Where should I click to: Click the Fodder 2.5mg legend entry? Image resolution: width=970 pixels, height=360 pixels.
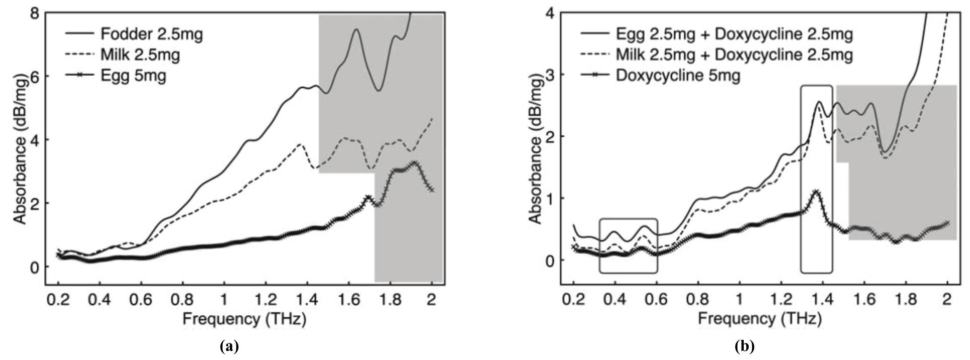[151, 34]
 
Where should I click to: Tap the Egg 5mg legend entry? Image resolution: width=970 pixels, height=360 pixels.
[133, 76]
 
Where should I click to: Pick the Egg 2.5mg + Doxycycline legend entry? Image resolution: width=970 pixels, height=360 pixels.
[734, 34]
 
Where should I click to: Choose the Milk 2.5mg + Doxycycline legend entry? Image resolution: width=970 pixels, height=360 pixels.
[734, 54]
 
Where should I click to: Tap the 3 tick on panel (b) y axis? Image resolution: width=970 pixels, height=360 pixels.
[552, 74]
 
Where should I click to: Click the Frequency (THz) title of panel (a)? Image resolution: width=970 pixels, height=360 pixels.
[244, 319]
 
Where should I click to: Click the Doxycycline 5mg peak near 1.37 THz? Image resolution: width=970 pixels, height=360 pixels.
[816, 192]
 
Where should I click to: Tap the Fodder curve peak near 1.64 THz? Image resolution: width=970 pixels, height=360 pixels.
[357, 29]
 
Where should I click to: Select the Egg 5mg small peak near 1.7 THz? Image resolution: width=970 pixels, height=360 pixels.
[368, 197]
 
